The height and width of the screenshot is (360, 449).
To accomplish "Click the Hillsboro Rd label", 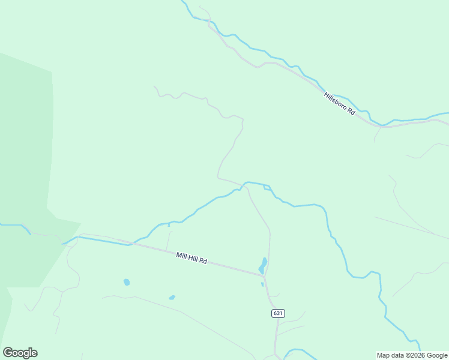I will [x=340, y=104].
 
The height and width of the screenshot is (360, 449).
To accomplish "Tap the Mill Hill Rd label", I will [x=191, y=258].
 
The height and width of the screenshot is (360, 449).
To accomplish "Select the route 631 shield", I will [x=277, y=313].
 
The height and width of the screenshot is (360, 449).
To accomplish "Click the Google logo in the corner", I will [x=20, y=353].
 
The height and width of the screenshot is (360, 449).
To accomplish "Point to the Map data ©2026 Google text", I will [x=412, y=355].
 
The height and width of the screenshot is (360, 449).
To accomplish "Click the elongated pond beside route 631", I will [x=263, y=265].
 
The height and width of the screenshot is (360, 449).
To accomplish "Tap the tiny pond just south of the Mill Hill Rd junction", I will [x=262, y=284].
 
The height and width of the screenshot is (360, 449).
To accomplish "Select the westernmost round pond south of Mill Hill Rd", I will [x=127, y=282].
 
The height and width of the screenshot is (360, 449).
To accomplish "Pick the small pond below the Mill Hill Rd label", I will [x=172, y=297].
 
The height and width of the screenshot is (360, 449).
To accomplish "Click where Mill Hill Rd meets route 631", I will [x=265, y=275].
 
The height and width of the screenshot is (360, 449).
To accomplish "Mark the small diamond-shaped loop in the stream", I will [x=267, y=188].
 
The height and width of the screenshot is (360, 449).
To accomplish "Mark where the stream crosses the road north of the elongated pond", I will [x=244, y=185].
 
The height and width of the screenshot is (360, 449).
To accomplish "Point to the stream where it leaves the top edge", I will [x=184, y=3].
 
